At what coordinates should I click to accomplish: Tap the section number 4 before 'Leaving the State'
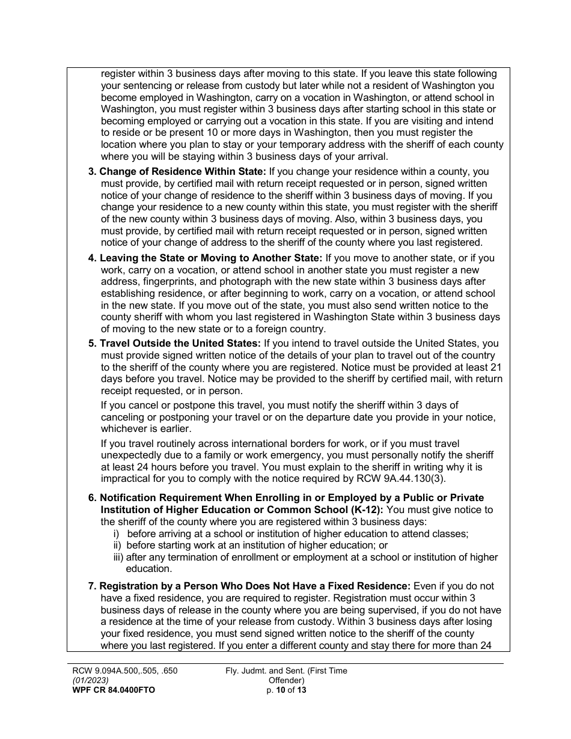[92, 258]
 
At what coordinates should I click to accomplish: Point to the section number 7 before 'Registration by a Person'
[92, 586]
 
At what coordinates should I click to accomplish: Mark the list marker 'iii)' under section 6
[118, 557]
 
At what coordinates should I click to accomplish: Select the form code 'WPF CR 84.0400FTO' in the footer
[113, 690]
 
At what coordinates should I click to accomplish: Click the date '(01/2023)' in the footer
[90, 681]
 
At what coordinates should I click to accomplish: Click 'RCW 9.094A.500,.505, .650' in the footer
[124, 671]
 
